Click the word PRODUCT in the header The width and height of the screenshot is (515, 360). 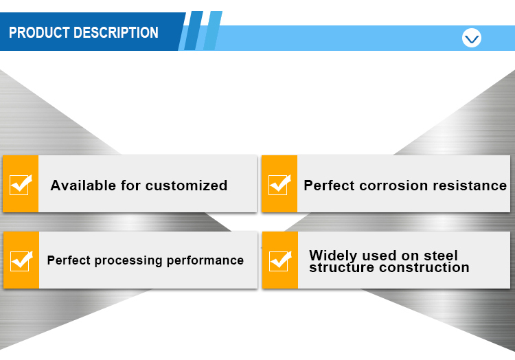39,32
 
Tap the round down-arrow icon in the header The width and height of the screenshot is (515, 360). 472,38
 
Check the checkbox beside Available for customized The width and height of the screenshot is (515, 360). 21,184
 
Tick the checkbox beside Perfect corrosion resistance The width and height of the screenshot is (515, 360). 279,184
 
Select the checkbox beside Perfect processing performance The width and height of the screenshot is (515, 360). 21,260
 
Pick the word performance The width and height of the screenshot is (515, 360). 205,260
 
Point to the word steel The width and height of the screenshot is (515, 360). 439,256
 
